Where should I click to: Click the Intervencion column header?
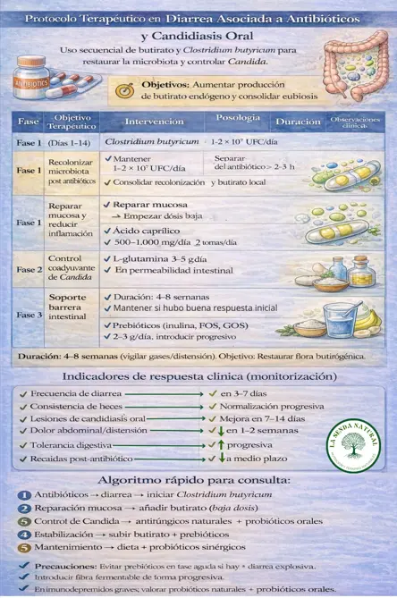click(155, 121)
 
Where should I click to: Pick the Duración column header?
click(298, 121)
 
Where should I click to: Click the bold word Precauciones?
click(61, 566)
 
